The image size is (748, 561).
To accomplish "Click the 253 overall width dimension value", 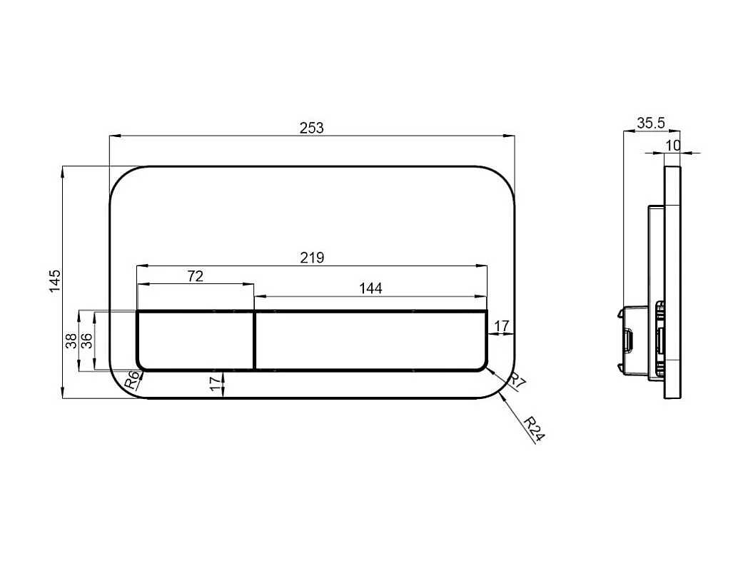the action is point(311,128).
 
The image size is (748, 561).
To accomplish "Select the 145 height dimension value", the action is point(56,281).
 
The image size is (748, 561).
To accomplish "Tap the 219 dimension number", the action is point(312,258).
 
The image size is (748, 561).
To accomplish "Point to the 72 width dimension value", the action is point(196,276).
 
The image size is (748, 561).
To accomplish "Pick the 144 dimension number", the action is point(370,288).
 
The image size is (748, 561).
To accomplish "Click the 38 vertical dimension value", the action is point(71,340).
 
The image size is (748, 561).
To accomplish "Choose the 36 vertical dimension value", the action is point(87,340).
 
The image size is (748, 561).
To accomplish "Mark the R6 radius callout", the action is point(132,380).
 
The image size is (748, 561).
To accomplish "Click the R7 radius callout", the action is point(518,382).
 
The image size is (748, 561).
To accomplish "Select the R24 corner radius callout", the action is point(534,429).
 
